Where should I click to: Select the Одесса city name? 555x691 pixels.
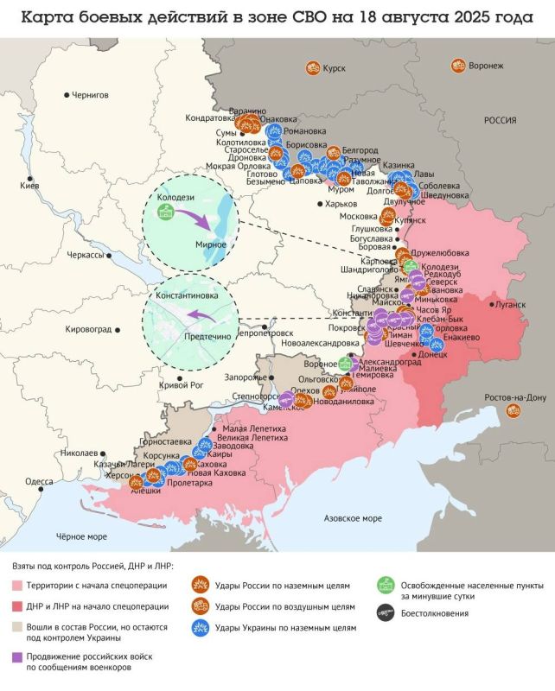(38, 482)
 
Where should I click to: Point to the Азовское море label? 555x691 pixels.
(352, 518)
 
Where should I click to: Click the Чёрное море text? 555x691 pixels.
(80, 536)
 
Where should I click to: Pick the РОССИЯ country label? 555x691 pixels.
(500, 121)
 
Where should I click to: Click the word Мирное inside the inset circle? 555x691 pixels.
(211, 244)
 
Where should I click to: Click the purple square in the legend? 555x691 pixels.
(17, 657)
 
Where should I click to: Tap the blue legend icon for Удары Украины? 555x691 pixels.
(200, 628)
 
